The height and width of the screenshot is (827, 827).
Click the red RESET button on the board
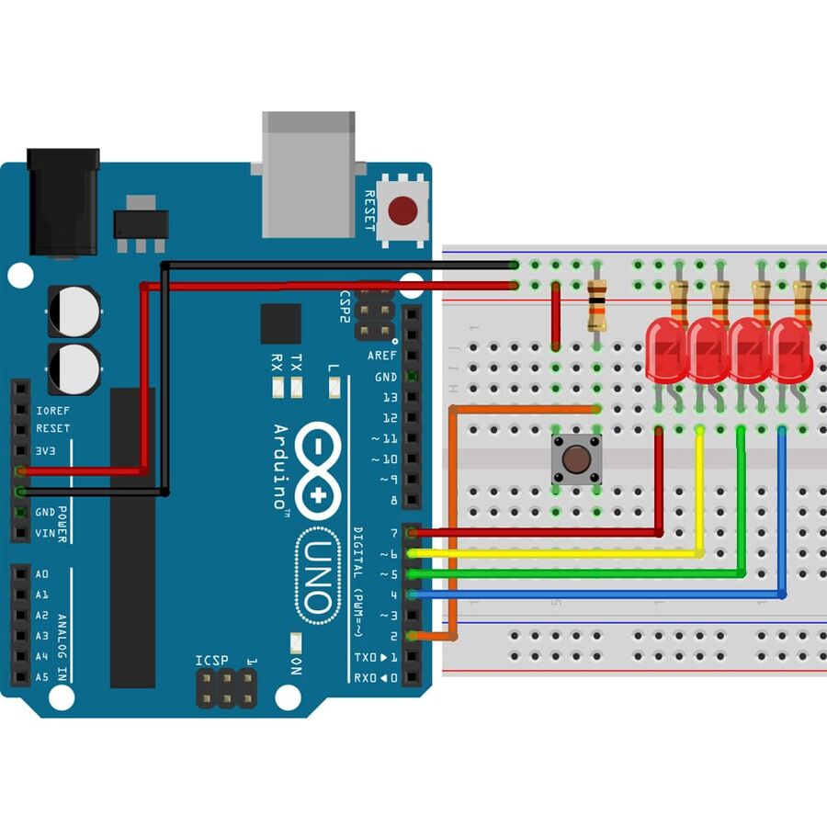coord(402,210)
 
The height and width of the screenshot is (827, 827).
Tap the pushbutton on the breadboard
coord(574,459)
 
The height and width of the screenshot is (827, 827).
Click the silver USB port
coord(308,175)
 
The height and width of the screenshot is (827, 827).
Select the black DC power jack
coord(62,202)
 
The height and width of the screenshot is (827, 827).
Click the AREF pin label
coord(382,356)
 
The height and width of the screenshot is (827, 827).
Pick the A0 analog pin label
coord(42,574)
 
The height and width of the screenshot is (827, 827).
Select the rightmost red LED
coord(790,350)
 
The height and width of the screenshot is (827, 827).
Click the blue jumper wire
coord(597,595)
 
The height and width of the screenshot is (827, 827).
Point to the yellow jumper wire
coord(551,553)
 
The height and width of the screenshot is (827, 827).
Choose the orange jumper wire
coord(453,515)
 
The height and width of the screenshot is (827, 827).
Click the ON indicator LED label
coord(296,666)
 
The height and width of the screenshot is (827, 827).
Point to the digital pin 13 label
coord(390,398)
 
